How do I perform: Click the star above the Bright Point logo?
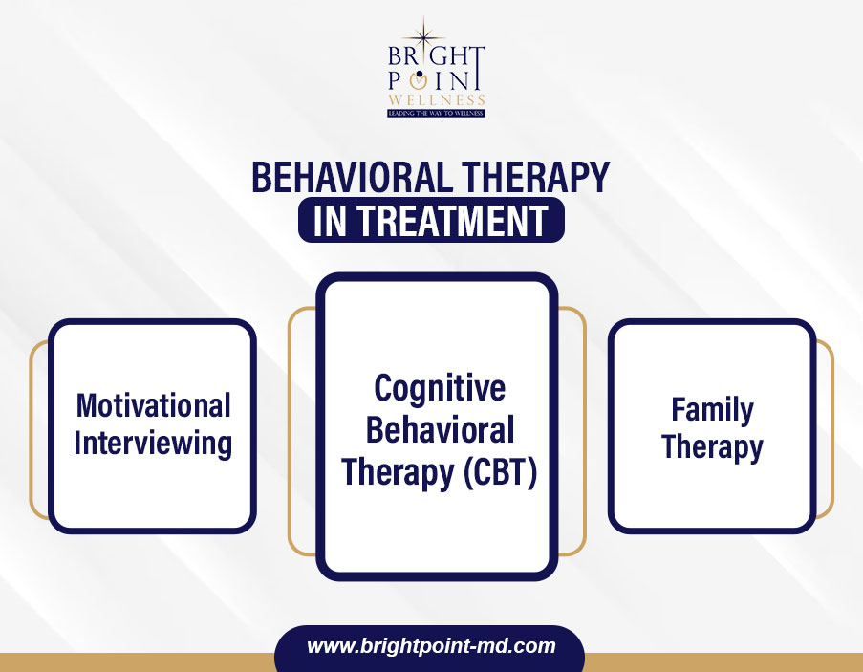click(423, 36)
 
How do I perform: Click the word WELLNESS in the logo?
click(437, 100)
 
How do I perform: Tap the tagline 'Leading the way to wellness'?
click(436, 113)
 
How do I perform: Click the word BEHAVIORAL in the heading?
click(353, 177)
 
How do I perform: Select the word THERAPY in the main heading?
click(535, 177)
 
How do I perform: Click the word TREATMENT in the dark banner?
click(454, 221)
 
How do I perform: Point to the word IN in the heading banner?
click(330, 221)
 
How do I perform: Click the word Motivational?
click(154, 405)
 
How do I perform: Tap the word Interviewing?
click(153, 444)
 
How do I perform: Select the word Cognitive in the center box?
click(440, 388)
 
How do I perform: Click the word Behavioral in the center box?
click(440, 430)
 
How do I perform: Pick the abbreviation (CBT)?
click(500, 472)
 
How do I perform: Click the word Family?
click(712, 410)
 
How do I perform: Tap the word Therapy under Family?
click(712, 447)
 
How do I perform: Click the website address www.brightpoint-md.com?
click(431, 645)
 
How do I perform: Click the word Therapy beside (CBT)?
click(398, 473)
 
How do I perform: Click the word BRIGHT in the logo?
click(436, 55)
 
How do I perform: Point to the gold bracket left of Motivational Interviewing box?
click(38, 430)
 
